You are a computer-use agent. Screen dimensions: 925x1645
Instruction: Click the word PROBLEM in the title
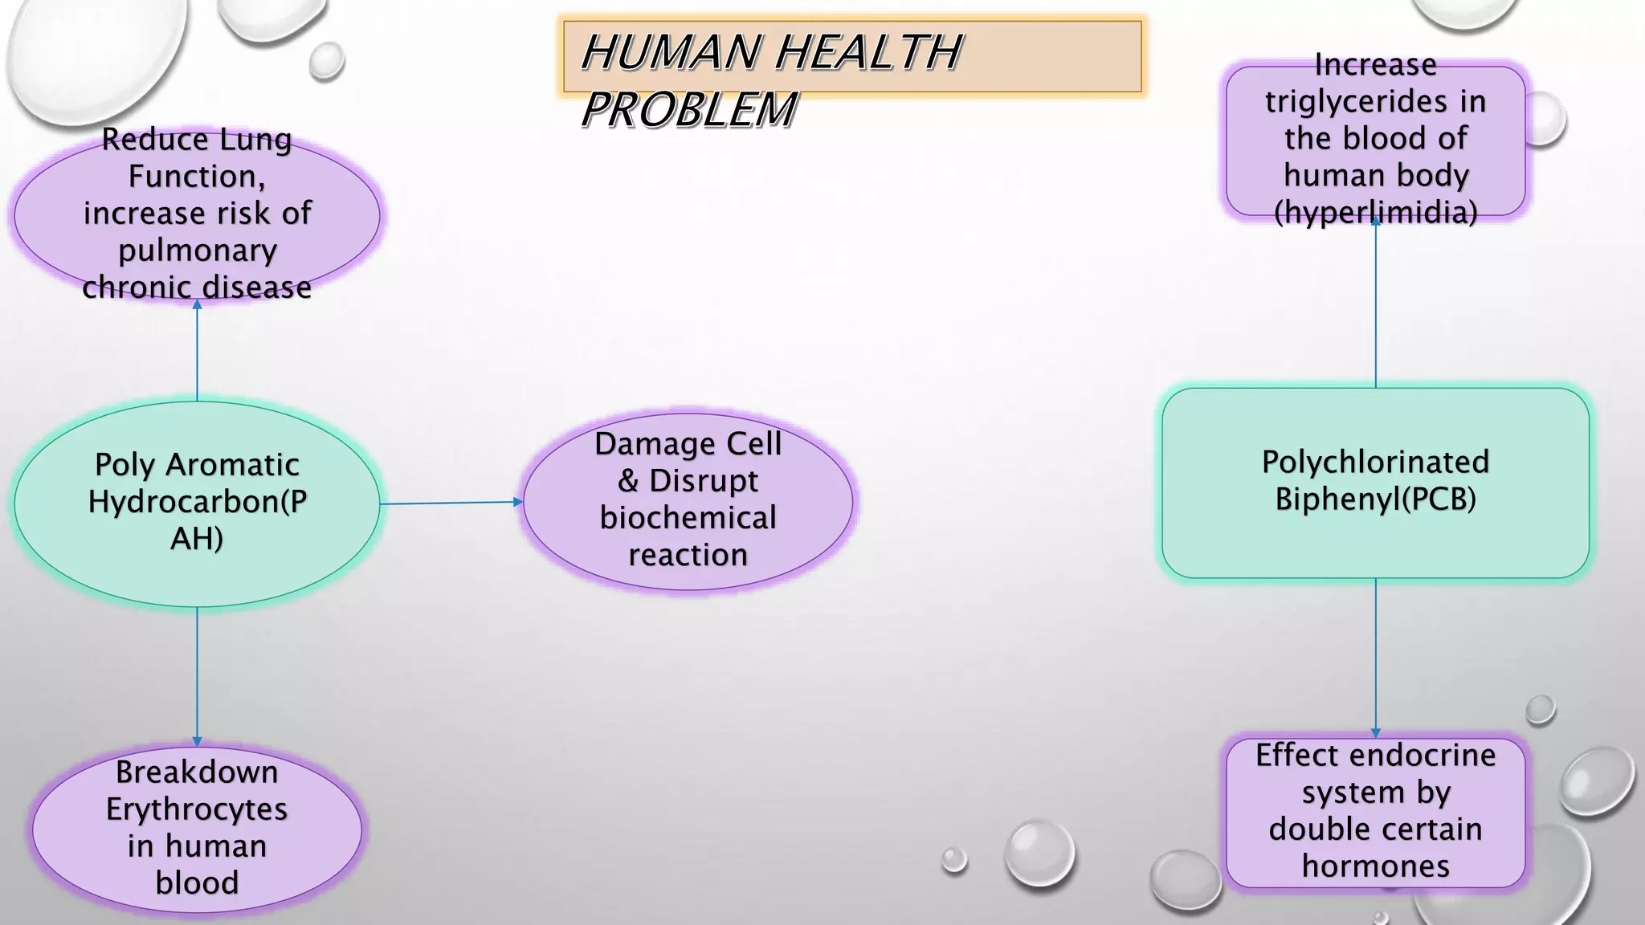(689, 110)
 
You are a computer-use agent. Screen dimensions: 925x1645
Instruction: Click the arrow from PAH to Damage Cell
(451, 503)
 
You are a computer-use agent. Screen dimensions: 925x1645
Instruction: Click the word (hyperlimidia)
(1375, 213)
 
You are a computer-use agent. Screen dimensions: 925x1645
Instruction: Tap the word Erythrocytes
(197, 809)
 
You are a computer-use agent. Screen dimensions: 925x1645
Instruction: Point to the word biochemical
(688, 518)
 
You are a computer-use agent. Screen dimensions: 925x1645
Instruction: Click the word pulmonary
(197, 251)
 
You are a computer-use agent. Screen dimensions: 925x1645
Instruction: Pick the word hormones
(1375, 866)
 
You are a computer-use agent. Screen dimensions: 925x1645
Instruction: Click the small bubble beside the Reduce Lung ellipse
(326, 61)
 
